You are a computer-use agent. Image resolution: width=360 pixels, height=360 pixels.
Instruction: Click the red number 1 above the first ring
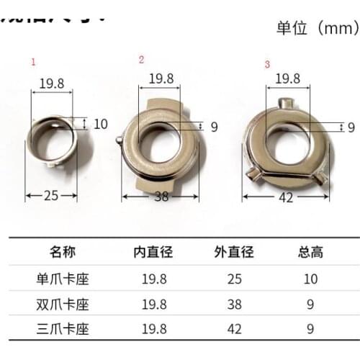click(32, 63)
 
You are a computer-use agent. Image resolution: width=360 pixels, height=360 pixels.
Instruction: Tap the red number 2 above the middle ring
click(141, 59)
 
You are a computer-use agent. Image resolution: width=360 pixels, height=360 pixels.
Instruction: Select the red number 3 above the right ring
click(267, 64)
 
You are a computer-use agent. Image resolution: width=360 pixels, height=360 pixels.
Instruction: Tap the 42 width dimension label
click(286, 197)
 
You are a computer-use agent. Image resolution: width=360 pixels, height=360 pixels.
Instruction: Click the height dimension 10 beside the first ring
click(100, 124)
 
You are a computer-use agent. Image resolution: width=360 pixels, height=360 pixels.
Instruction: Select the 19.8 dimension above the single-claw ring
click(51, 83)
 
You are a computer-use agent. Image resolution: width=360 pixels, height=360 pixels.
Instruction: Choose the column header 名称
click(63, 252)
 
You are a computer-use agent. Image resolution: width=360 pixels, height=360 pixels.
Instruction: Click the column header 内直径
click(151, 252)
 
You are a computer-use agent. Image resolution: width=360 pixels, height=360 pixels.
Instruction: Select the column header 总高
click(310, 252)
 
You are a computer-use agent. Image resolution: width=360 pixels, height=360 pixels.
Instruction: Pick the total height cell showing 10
click(310, 278)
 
